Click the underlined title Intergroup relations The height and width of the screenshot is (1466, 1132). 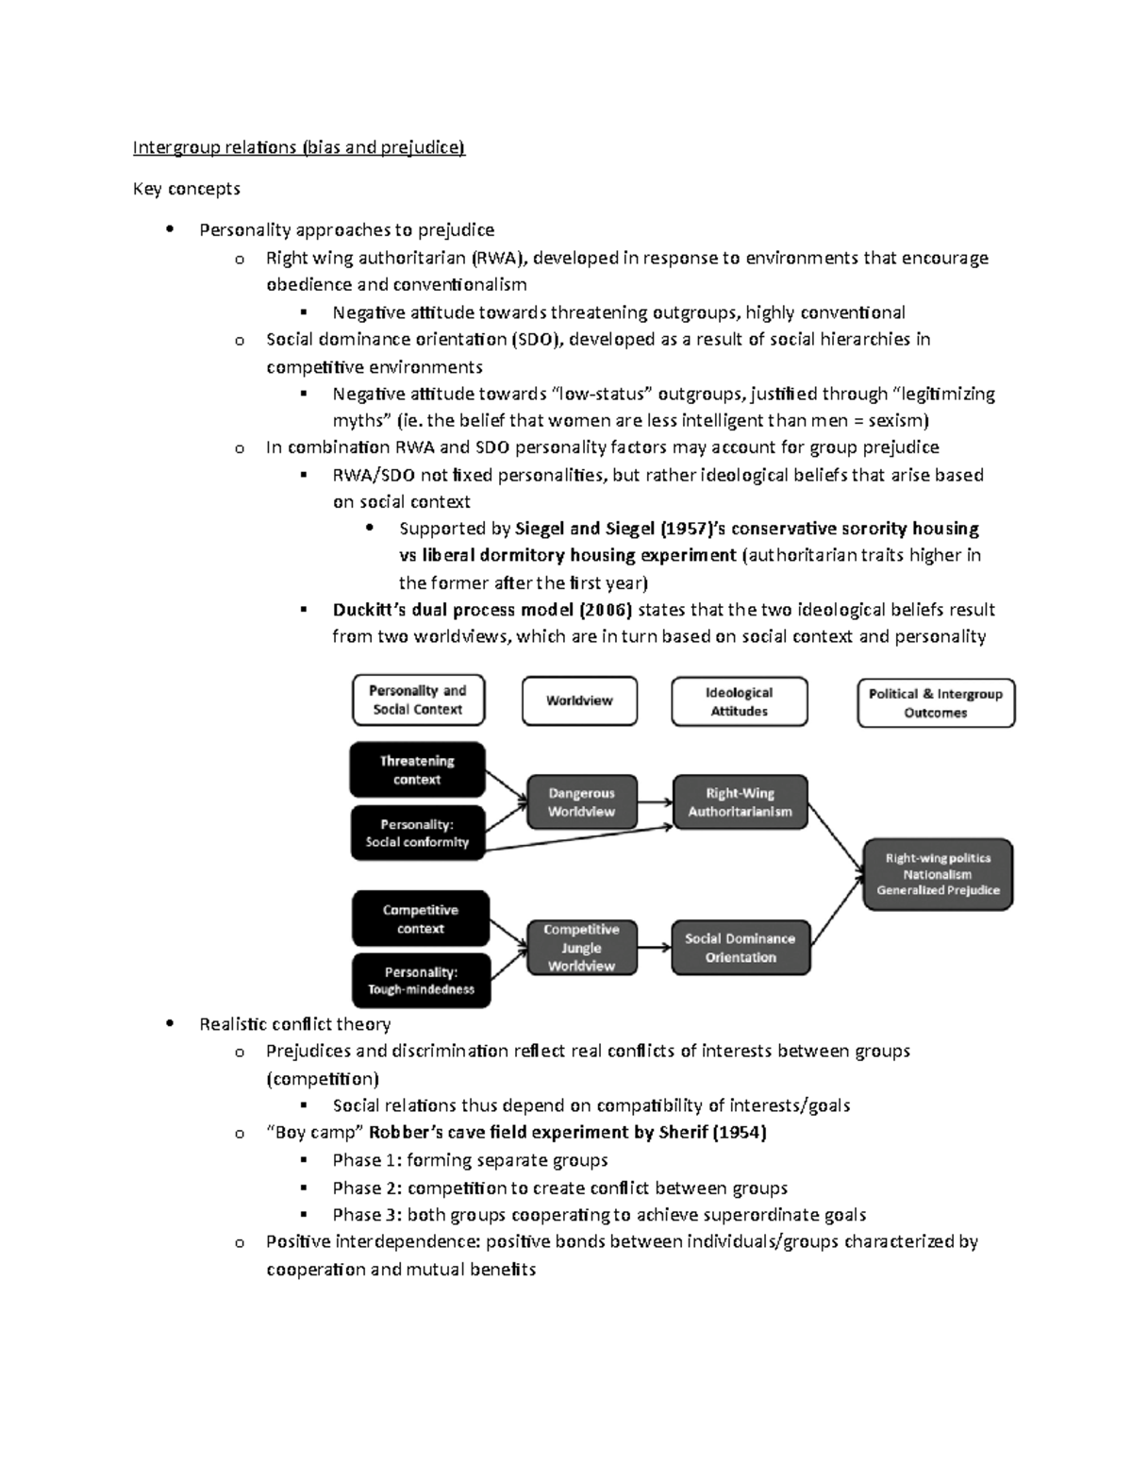[x=298, y=147]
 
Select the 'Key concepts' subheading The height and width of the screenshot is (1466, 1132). [x=186, y=189]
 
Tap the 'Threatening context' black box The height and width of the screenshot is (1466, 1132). [x=417, y=770]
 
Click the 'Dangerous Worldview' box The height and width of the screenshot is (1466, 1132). [x=581, y=802]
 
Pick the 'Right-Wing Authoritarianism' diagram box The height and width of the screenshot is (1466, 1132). [x=740, y=802]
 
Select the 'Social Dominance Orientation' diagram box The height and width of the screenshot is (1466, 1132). [x=740, y=948]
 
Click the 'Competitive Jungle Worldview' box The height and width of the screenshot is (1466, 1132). [x=581, y=948]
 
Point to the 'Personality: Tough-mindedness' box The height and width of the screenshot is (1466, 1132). [x=421, y=981]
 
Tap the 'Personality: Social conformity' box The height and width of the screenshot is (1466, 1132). [x=417, y=833]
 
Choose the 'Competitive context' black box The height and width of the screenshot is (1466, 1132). [x=421, y=919]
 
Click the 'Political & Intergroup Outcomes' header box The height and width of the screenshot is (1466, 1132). [x=935, y=703]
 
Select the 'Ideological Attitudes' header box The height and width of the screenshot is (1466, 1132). [x=739, y=702]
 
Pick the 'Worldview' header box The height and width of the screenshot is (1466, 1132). [x=579, y=701]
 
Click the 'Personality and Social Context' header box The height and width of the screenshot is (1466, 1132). [x=418, y=700]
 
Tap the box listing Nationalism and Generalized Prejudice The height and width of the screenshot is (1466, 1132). [x=938, y=874]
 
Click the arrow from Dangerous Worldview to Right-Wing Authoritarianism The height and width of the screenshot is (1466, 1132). [x=655, y=802]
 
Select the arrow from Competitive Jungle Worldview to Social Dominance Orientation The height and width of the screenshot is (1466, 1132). [x=655, y=948]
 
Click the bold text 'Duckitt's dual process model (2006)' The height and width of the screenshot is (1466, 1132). [x=482, y=610]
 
